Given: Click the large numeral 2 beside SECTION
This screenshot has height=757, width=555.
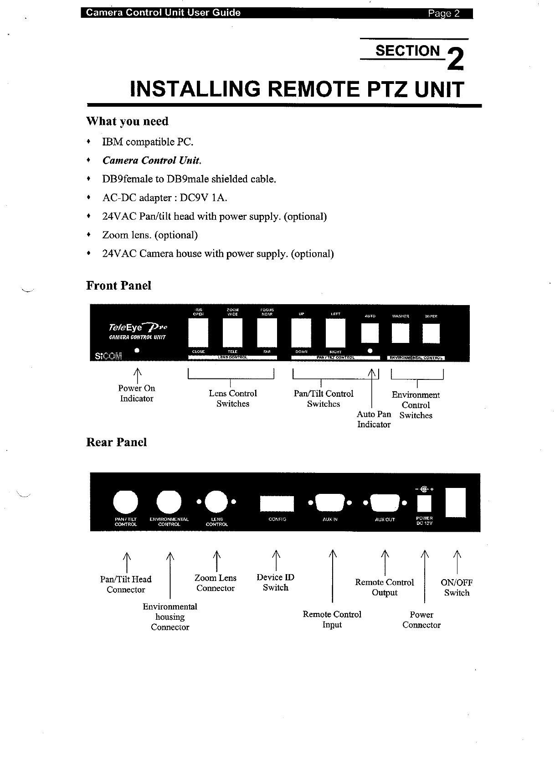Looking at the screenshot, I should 455,60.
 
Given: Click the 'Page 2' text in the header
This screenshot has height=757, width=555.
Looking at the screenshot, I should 444,13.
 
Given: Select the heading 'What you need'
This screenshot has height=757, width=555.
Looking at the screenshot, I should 127,121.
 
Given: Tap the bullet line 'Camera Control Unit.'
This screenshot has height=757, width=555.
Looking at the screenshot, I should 152,161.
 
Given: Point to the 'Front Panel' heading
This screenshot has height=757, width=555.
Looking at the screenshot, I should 118,286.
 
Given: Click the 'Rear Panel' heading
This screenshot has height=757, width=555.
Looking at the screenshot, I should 117,442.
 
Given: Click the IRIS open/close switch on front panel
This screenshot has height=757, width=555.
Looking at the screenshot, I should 198,332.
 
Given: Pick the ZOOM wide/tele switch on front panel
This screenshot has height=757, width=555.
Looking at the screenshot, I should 232,332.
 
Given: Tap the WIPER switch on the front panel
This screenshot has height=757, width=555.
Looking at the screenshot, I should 431,333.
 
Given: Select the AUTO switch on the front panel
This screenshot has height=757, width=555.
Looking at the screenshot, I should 370,333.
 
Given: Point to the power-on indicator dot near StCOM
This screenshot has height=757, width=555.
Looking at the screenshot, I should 137,351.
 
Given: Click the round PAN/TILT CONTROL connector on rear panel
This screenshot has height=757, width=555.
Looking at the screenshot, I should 125,502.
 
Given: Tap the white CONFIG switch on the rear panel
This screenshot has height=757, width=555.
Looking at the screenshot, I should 277,503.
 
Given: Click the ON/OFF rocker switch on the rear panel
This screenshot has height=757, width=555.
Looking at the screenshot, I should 456,503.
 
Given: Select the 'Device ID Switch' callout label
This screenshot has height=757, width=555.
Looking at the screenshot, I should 275,582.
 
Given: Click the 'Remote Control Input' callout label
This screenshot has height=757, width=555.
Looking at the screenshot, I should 332,619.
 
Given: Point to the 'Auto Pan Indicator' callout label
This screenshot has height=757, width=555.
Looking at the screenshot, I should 374,419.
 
